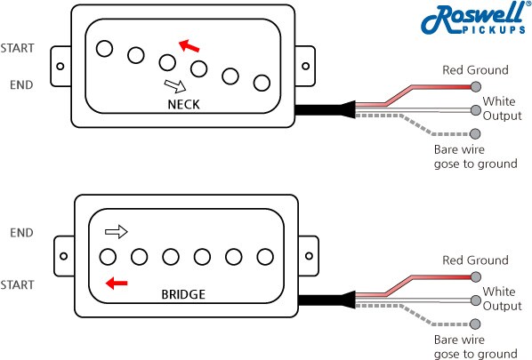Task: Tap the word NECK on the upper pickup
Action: tap(184, 104)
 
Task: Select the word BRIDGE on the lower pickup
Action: tap(183, 294)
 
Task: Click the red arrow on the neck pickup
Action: tap(189, 45)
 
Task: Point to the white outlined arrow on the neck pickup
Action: tap(175, 86)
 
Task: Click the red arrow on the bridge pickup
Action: tap(117, 283)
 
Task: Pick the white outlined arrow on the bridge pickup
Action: tap(117, 232)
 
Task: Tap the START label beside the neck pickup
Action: tap(17, 48)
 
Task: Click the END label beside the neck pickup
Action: tap(21, 84)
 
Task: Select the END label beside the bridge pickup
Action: tap(21, 233)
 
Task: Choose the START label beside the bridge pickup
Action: tap(17, 284)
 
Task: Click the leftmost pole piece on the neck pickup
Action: tap(104, 49)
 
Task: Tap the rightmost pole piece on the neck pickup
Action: tap(262, 83)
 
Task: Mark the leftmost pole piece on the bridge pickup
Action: tap(108, 257)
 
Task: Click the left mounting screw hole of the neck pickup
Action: tap(60, 66)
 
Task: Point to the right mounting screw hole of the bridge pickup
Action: tap(309, 256)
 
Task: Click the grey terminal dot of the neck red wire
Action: tap(476, 87)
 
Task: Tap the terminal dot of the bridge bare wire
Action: tap(476, 324)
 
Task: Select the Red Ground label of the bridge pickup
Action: tap(475, 260)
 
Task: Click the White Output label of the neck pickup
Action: tap(502, 108)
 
